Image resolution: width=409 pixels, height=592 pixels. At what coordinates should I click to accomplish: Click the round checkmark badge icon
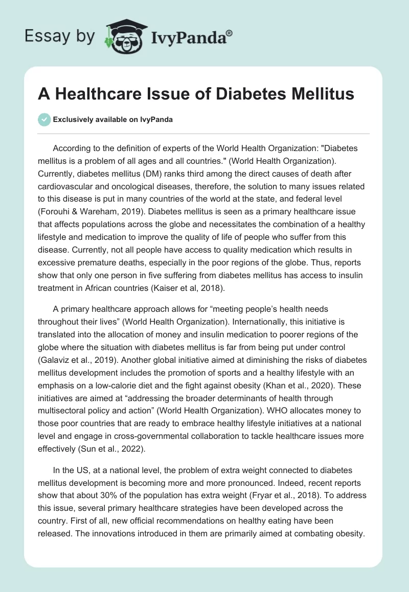(x=44, y=119)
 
